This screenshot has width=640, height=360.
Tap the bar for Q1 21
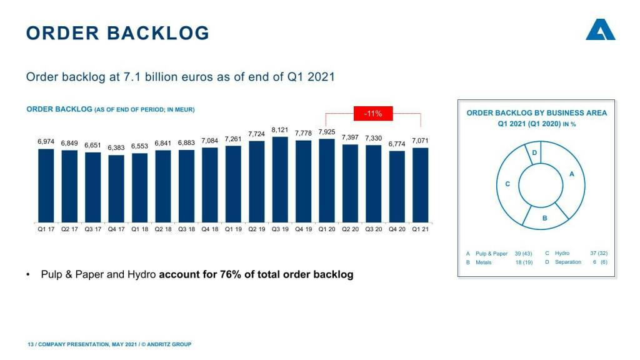[420, 185]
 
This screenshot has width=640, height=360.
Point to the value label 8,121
[279, 130]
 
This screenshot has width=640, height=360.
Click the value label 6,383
[116, 148]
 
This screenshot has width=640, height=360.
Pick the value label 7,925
[327, 132]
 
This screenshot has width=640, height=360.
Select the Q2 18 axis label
[162, 229]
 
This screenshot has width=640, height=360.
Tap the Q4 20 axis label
[397, 229]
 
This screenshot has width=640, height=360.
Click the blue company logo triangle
[600, 31]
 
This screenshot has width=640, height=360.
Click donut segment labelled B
[545, 216]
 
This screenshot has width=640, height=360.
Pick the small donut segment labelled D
[535, 154]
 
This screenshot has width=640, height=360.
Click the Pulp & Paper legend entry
[491, 254]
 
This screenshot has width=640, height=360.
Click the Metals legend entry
[483, 262]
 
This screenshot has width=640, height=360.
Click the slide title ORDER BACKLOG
[117, 33]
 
